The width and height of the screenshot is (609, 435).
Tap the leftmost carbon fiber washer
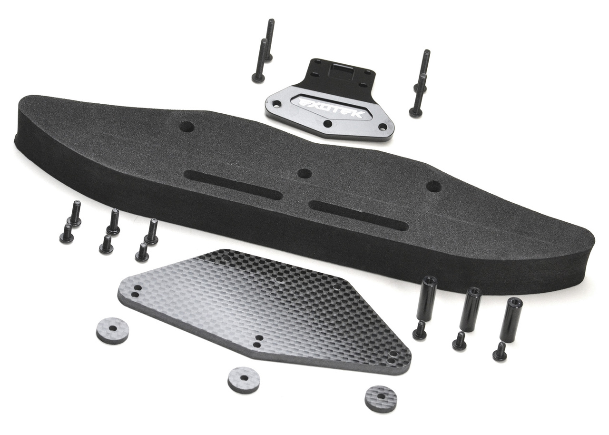(x=113, y=331)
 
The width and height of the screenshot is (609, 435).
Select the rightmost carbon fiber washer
(x=381, y=398)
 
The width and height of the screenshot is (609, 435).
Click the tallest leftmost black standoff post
(x=427, y=298)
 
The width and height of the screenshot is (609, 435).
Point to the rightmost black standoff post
(x=511, y=320)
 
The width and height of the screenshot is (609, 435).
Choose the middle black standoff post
(x=470, y=309)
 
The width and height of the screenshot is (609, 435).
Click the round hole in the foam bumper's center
(x=305, y=173)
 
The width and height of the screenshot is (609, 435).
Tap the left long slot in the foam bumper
(x=233, y=185)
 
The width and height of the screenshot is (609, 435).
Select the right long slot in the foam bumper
(x=359, y=216)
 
